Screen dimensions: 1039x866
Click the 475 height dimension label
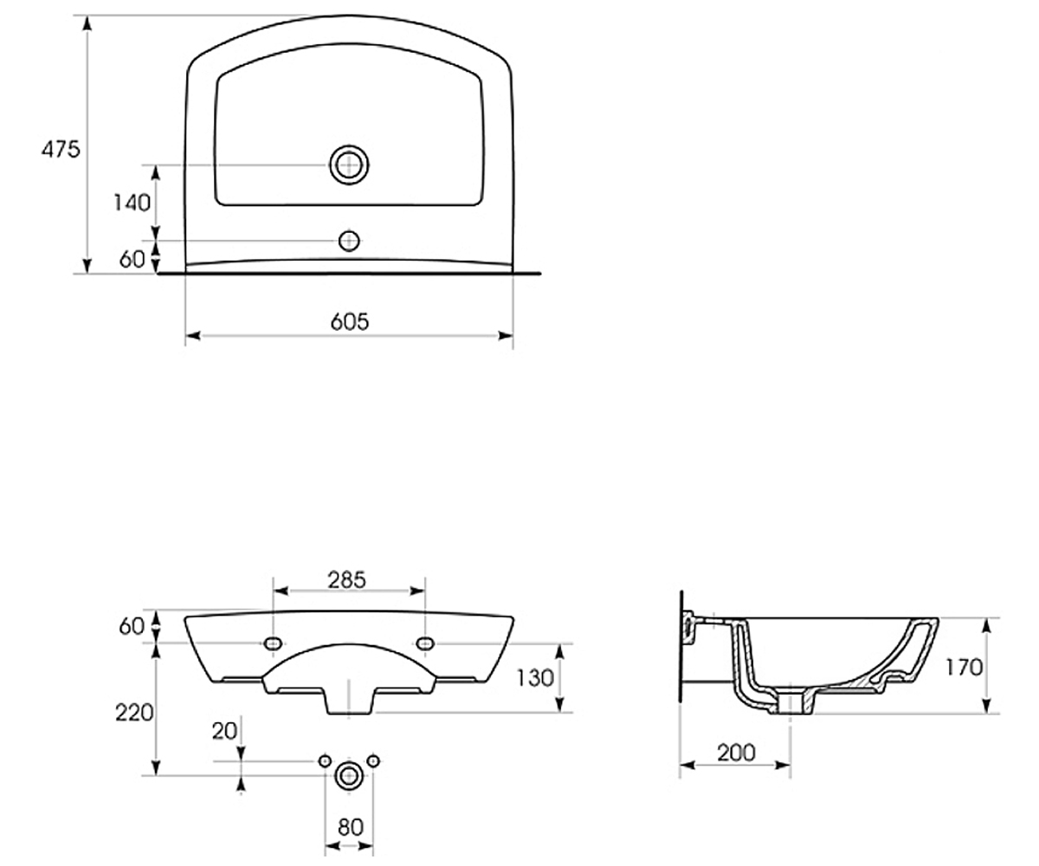61,149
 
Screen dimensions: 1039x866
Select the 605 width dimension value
350,322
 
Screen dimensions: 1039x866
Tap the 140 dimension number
132,203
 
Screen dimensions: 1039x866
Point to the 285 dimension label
347,580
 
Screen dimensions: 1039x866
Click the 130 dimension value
535,678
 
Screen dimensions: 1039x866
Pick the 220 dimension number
134,714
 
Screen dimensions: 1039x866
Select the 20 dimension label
224,731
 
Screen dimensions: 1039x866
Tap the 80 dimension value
351,827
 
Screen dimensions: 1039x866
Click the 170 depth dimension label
964,668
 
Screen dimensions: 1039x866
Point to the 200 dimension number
736,753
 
